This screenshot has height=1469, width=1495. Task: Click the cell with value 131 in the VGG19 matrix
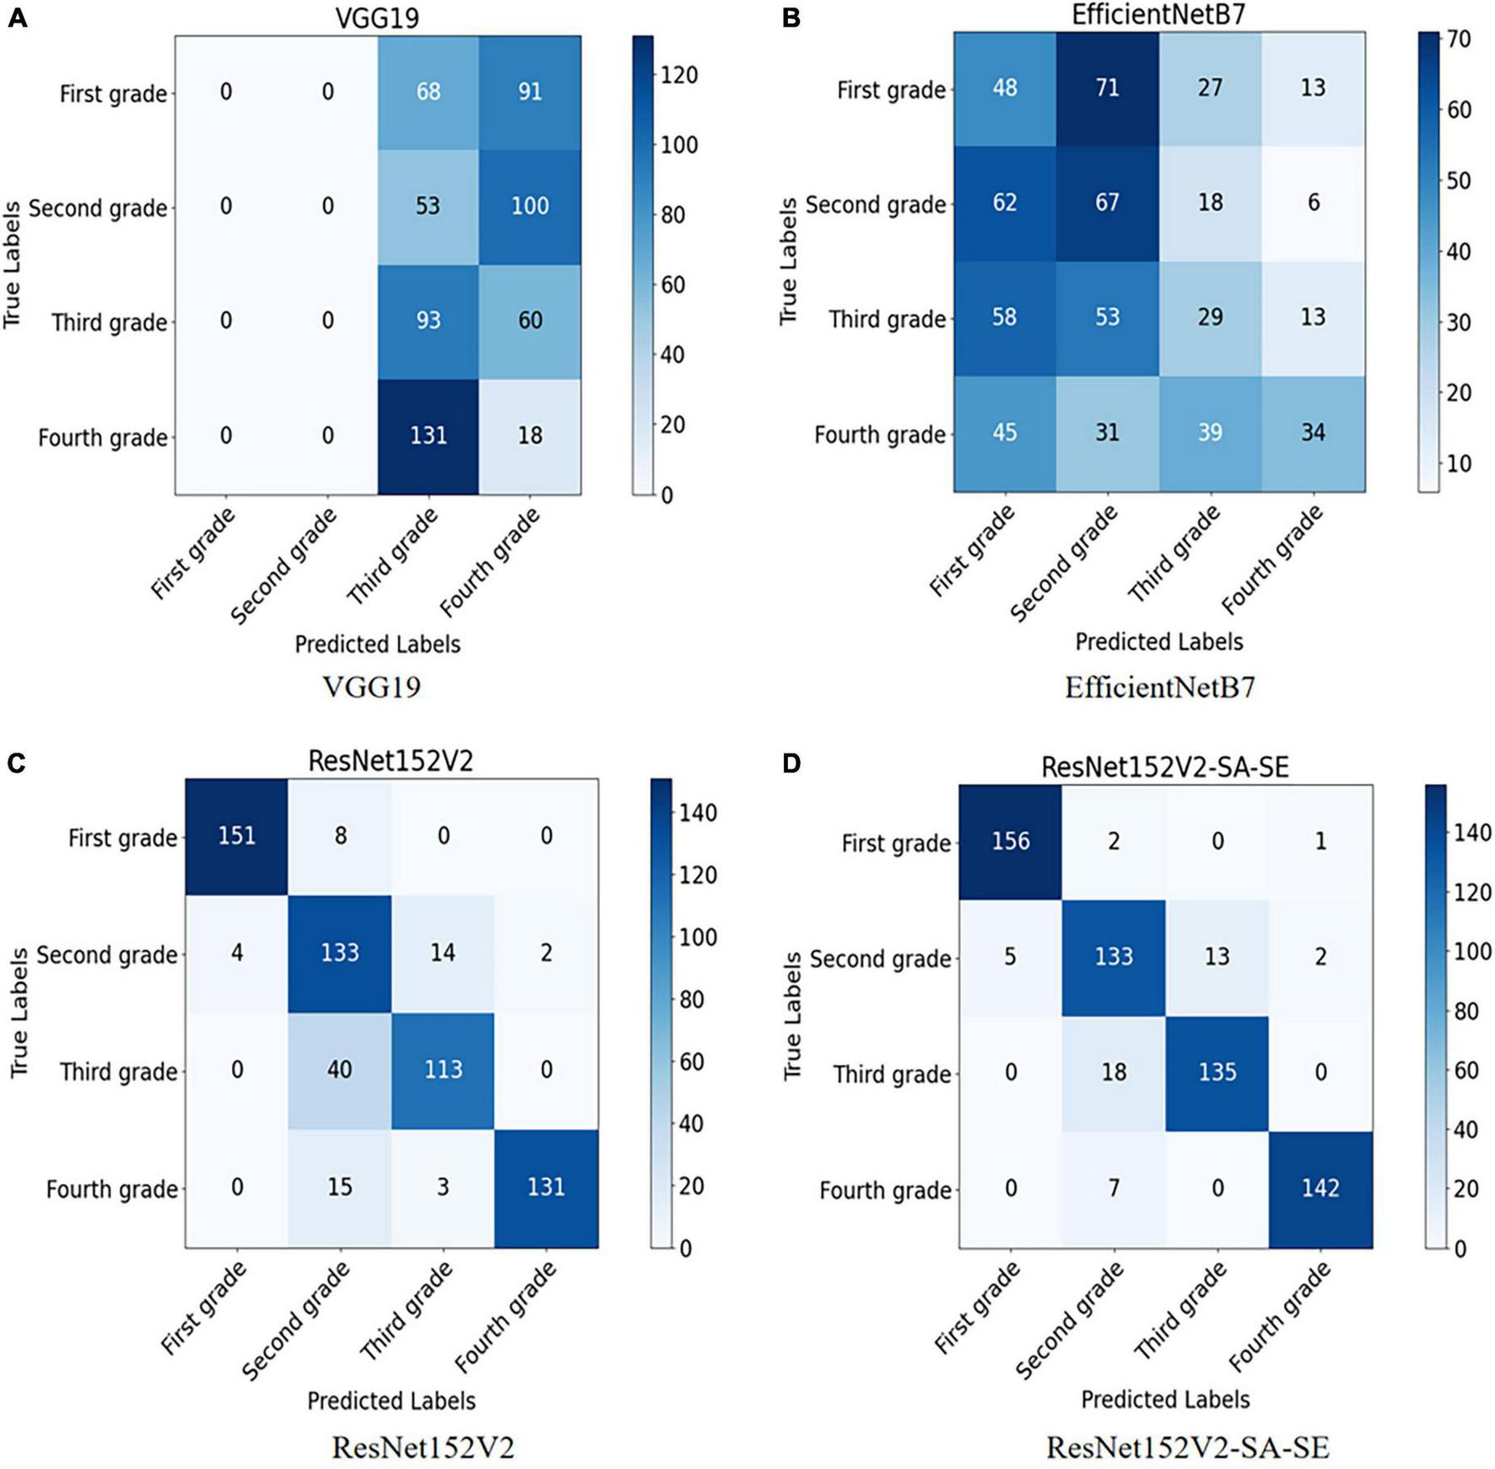tap(428, 435)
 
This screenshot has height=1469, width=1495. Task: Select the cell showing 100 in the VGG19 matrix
tap(530, 206)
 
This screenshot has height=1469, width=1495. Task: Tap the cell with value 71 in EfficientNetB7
tap(1107, 88)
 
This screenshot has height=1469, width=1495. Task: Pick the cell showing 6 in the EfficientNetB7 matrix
tap(1313, 203)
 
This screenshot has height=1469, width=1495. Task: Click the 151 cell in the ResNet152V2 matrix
tap(237, 836)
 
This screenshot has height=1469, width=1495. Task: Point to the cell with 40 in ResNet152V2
tap(339, 1070)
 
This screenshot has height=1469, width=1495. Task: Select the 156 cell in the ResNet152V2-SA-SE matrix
tap(1011, 841)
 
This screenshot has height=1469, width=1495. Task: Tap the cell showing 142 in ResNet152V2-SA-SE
tap(1320, 1188)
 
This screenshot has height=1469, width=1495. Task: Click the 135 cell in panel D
tap(1217, 1072)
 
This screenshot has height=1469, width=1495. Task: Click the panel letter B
tap(791, 18)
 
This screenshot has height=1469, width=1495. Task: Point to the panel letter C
tap(16, 764)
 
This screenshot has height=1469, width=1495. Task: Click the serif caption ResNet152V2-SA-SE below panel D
tap(1187, 1448)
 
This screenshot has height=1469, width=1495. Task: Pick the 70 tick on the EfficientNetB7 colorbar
tap(1460, 40)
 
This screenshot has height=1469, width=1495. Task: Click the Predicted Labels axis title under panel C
tap(391, 1401)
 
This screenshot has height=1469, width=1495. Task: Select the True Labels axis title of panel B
tap(788, 262)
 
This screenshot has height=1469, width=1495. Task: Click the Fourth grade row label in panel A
tap(103, 438)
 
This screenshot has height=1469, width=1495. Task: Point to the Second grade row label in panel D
tap(880, 959)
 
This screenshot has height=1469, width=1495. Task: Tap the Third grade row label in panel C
tap(118, 1072)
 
